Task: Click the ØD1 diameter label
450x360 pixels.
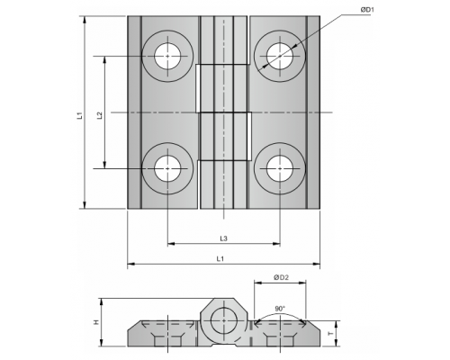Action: (x=367, y=10)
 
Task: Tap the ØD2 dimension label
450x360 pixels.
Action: (x=281, y=277)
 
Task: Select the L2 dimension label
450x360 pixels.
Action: (x=100, y=115)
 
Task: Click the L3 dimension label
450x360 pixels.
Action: (x=223, y=238)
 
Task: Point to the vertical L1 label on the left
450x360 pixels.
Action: (x=79, y=115)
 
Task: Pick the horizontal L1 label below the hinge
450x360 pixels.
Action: (x=220, y=259)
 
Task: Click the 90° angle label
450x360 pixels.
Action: (x=280, y=309)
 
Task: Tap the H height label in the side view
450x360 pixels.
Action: (x=96, y=322)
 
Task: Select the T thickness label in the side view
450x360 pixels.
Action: (x=330, y=334)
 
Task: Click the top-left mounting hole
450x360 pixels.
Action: (x=167, y=56)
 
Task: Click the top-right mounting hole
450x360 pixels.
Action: (x=280, y=56)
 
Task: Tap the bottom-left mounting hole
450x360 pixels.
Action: (x=167, y=168)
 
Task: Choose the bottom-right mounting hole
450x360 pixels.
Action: (x=280, y=168)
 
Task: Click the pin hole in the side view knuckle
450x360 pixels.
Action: (x=224, y=320)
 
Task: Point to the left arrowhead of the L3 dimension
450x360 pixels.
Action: (x=171, y=244)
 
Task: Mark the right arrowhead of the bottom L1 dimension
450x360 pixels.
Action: (x=317, y=264)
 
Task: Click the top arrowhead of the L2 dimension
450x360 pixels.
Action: (x=104, y=59)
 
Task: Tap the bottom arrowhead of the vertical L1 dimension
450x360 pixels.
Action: (x=85, y=204)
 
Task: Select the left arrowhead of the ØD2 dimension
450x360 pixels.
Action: (x=257, y=283)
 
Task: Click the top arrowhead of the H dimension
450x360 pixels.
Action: (x=102, y=301)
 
